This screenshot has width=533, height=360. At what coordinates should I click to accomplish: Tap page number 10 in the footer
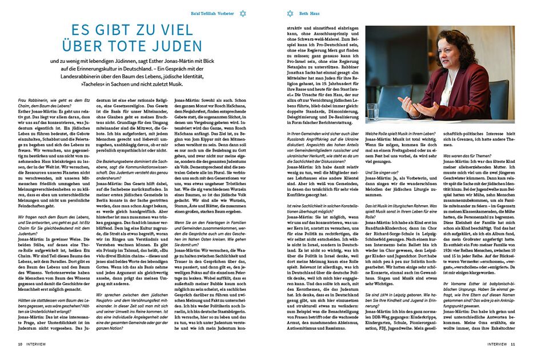(x=20, y=344)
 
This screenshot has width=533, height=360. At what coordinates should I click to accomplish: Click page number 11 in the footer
(x=513, y=344)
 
